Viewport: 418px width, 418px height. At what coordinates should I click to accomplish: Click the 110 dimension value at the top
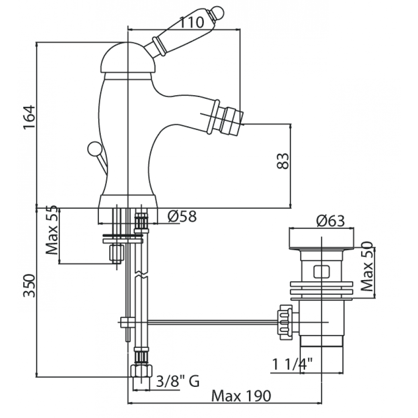(x=192, y=23)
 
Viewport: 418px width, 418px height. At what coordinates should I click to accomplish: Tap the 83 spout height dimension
(x=283, y=161)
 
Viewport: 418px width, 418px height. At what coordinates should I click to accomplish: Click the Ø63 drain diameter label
(x=331, y=221)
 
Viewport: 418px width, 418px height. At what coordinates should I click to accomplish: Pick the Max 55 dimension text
(x=52, y=230)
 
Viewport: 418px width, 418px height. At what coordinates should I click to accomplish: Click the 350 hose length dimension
(x=29, y=286)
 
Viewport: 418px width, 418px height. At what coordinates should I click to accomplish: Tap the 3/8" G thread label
(x=177, y=381)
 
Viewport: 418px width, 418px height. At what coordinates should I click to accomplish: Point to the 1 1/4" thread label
(x=292, y=364)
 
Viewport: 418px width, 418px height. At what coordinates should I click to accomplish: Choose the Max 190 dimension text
(x=241, y=396)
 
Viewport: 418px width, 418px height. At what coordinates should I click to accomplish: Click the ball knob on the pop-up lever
(x=94, y=148)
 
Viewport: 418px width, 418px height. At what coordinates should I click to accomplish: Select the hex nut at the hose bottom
(x=141, y=371)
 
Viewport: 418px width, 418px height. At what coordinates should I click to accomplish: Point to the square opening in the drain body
(x=321, y=272)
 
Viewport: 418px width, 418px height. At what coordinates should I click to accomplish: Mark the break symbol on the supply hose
(x=141, y=274)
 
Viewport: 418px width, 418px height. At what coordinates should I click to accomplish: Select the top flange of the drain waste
(x=322, y=238)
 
